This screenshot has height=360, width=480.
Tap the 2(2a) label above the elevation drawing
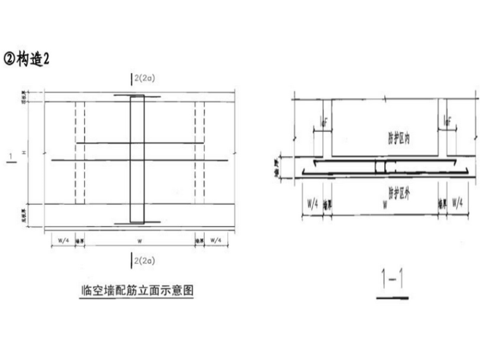(145, 78)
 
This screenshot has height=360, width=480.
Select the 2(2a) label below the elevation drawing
(145, 260)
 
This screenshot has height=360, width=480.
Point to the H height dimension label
(24, 153)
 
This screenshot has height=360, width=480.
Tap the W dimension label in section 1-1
(385, 205)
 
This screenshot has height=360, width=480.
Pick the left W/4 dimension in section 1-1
(312, 205)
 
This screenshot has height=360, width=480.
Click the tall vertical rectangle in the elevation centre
(137, 159)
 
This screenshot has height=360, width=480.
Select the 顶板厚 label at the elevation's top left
(24, 97)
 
